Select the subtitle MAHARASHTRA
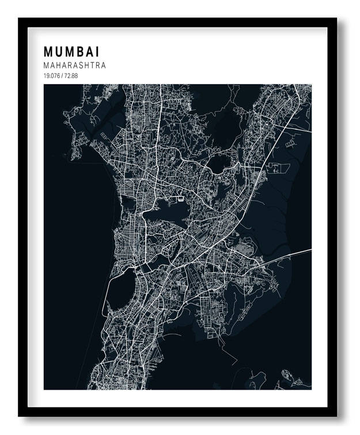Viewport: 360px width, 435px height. (x=74, y=66)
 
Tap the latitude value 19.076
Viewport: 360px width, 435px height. (x=52, y=76)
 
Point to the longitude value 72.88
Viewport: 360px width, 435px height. (x=71, y=76)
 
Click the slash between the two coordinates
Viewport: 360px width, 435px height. (x=63, y=76)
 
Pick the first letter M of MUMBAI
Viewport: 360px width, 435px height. (x=48, y=52)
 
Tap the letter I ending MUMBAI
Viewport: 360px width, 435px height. (x=96, y=52)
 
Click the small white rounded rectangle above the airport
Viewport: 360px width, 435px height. (x=181, y=199)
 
